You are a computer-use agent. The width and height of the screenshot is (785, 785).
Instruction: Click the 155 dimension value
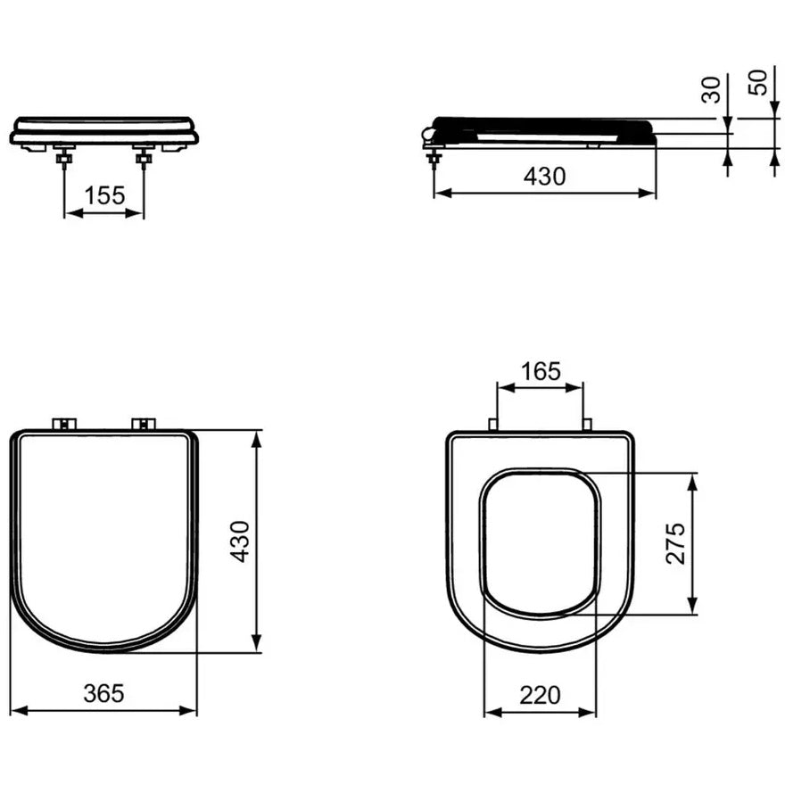pyautogui.click(x=104, y=195)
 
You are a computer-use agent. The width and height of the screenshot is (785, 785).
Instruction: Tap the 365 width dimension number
pyautogui.click(x=103, y=693)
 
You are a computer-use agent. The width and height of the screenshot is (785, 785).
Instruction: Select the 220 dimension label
pyautogui.click(x=540, y=695)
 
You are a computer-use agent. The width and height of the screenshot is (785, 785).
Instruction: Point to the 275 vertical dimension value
pyautogui.click(x=675, y=543)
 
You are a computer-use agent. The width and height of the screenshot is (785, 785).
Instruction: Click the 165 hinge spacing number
pyautogui.click(x=541, y=371)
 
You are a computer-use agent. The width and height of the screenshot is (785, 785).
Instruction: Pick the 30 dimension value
pyautogui.click(x=711, y=90)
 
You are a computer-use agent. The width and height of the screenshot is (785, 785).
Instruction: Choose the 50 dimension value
pyautogui.click(x=757, y=83)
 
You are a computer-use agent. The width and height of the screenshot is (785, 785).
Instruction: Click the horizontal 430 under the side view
pyautogui.click(x=545, y=177)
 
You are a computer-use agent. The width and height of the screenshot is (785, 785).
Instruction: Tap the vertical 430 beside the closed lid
pyautogui.click(x=240, y=541)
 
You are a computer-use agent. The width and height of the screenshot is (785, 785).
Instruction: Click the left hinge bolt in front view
pyautogui.click(x=64, y=158)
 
